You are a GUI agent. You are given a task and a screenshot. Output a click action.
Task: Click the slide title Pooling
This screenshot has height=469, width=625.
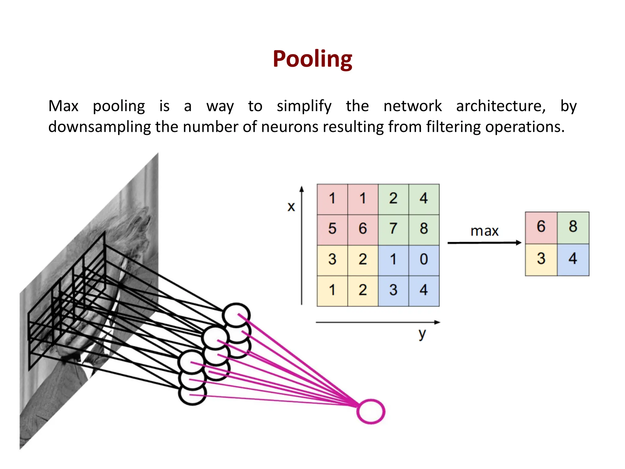point(312,59)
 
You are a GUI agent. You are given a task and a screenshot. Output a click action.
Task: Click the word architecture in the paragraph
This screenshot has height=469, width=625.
point(500,106)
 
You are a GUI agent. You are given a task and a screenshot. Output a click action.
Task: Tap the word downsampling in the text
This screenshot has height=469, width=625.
point(99,127)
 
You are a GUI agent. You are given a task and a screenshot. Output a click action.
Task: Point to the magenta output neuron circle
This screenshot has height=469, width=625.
point(370,411)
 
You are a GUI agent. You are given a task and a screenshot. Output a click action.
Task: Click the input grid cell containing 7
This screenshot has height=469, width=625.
point(393,229)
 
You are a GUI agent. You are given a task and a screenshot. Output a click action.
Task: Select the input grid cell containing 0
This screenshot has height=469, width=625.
point(424,259)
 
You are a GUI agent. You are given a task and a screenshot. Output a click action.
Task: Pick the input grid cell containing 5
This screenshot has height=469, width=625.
point(332,229)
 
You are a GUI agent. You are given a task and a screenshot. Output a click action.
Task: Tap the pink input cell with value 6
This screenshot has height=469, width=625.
point(363,229)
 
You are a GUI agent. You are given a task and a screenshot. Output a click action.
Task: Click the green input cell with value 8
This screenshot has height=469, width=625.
point(424,229)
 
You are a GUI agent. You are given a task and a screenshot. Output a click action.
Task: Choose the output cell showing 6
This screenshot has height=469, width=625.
point(541,227)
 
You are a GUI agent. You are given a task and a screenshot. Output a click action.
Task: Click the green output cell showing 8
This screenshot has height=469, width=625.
point(573,227)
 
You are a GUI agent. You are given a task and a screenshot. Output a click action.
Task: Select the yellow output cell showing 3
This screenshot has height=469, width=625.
point(541,259)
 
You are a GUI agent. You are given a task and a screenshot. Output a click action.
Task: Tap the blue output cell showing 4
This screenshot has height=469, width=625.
point(573,259)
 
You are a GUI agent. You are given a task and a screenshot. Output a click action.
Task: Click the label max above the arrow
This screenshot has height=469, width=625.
point(484,231)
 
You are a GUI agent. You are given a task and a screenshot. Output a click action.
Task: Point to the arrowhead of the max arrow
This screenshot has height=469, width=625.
point(518,243)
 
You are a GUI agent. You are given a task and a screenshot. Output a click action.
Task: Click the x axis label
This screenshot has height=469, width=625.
point(291,207)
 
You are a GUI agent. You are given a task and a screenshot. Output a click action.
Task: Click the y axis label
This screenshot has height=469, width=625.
point(422,334)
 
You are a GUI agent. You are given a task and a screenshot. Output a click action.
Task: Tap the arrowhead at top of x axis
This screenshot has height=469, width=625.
point(302,189)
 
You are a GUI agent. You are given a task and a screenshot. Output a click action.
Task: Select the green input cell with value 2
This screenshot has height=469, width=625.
point(393,198)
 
